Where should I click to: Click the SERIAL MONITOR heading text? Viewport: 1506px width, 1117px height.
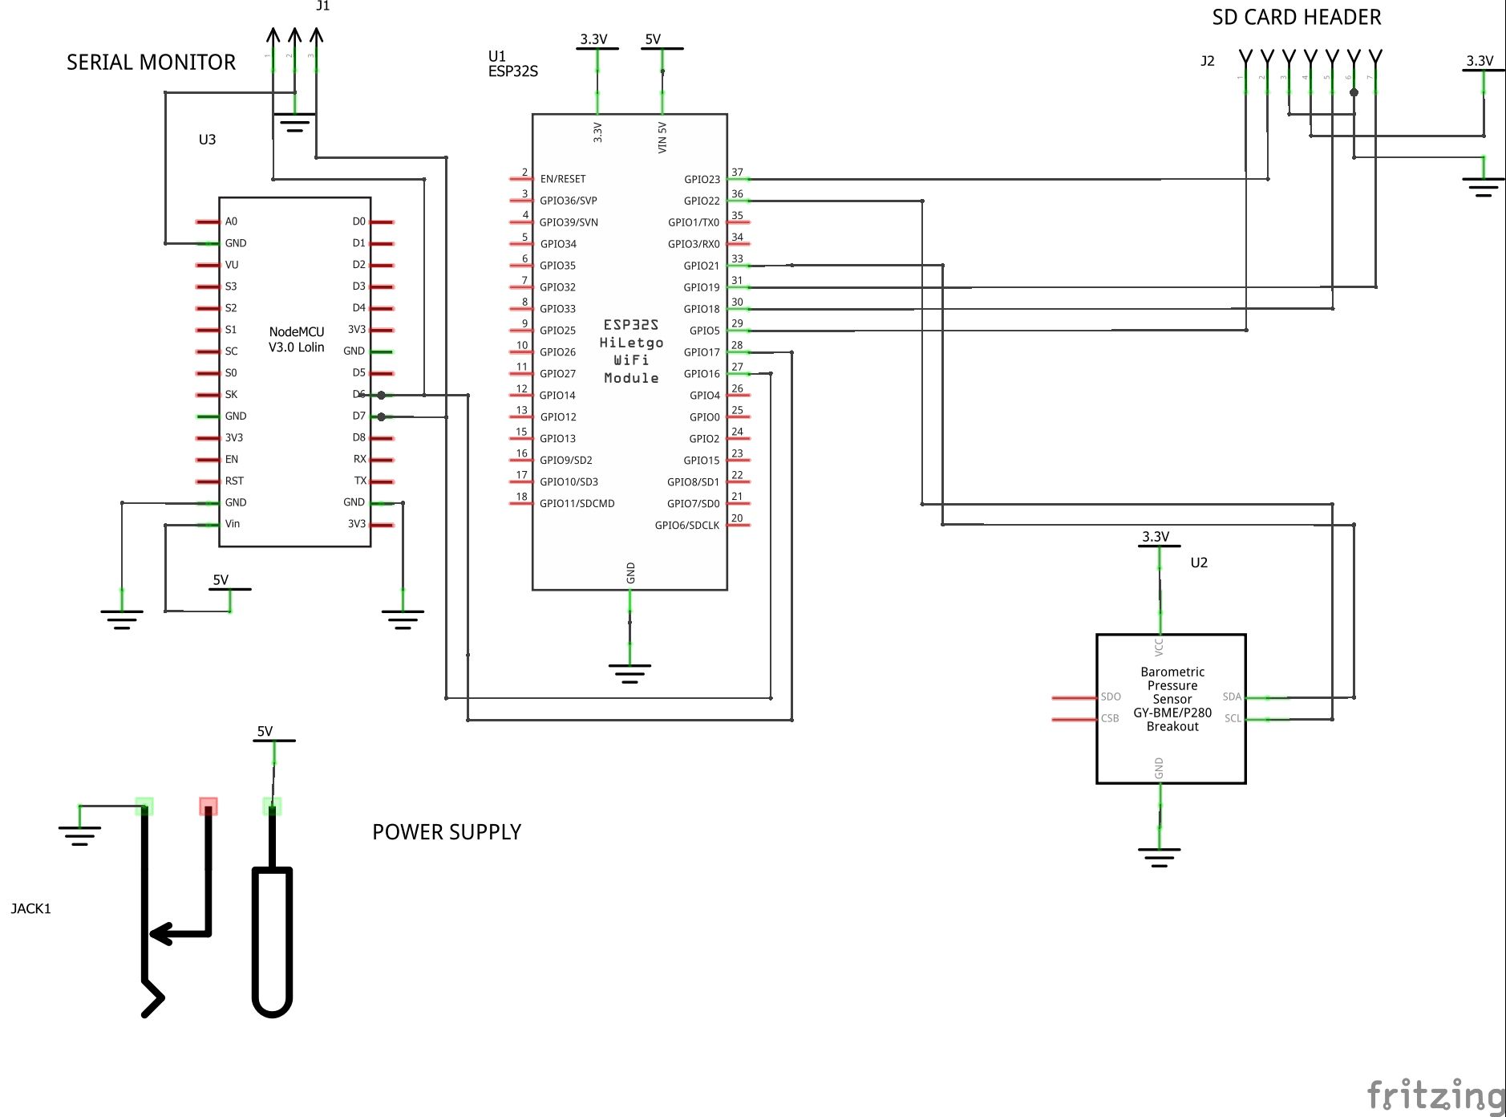[x=151, y=63]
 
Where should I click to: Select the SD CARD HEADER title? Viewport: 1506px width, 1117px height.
[x=1296, y=18]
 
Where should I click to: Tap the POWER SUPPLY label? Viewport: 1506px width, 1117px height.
[x=447, y=832]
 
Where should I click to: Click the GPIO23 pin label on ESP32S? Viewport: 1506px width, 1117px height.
[x=702, y=180]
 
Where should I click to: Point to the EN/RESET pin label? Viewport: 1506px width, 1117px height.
[x=563, y=179]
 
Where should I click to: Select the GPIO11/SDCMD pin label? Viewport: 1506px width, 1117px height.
[x=577, y=504]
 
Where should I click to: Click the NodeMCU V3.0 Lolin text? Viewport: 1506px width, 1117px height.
[x=297, y=339]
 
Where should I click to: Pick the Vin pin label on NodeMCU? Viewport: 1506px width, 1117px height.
[x=233, y=524]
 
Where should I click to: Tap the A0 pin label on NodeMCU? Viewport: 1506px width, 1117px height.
[x=231, y=221]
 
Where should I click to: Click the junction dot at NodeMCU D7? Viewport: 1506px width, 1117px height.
[x=382, y=416]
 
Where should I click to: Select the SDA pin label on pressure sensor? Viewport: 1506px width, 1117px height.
[x=1232, y=697]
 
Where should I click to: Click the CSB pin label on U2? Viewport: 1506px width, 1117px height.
[x=1110, y=719]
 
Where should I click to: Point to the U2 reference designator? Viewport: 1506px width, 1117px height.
[x=1199, y=563]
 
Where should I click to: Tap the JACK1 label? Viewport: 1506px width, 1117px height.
[x=30, y=908]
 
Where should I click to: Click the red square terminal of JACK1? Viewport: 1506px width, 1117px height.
[x=208, y=806]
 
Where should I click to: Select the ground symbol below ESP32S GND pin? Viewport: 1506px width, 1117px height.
[x=630, y=672]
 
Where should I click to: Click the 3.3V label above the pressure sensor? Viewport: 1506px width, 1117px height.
[x=1156, y=537]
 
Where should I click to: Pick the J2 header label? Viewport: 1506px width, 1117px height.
[x=1207, y=61]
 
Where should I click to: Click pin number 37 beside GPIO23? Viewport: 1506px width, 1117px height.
[x=737, y=173]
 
